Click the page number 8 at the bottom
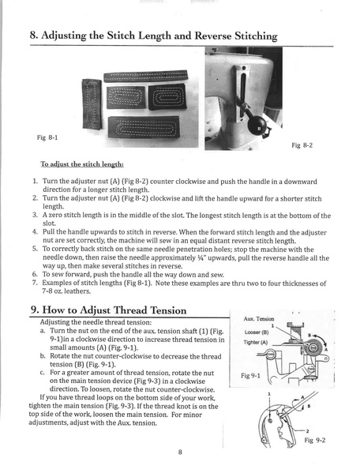[x=180, y=451]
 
